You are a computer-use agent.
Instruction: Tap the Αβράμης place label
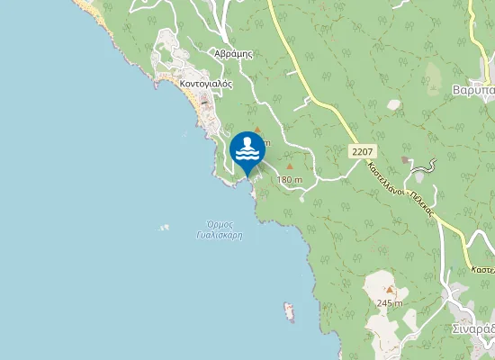233,53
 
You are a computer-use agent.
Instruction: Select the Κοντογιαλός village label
206,83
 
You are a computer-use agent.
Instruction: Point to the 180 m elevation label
290,180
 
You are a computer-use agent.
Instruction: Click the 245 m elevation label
390,302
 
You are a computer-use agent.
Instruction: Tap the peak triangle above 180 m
290,166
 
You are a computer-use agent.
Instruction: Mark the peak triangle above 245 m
390,290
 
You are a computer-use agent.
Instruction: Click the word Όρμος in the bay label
220,224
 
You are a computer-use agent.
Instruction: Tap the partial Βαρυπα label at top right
473,91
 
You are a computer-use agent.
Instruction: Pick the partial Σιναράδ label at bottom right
473,328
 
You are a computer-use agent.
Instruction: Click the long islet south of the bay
290,311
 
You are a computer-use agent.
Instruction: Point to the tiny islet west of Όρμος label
164,227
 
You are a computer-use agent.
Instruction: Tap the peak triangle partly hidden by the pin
257,130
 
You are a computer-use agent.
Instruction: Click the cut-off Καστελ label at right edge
483,269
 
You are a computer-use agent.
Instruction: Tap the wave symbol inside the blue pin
247,150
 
